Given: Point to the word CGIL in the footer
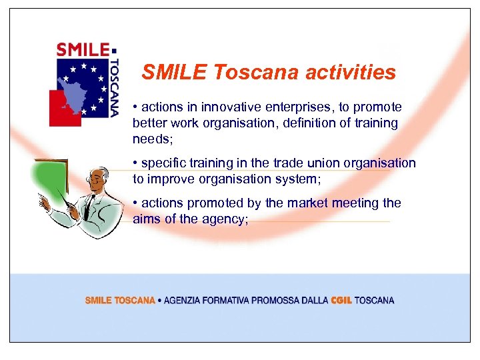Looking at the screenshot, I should pos(341,301).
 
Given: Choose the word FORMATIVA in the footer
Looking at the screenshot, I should pos(227,301).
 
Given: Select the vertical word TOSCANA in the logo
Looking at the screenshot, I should pos(114,85).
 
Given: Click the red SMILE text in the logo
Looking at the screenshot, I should pos(83,50).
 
